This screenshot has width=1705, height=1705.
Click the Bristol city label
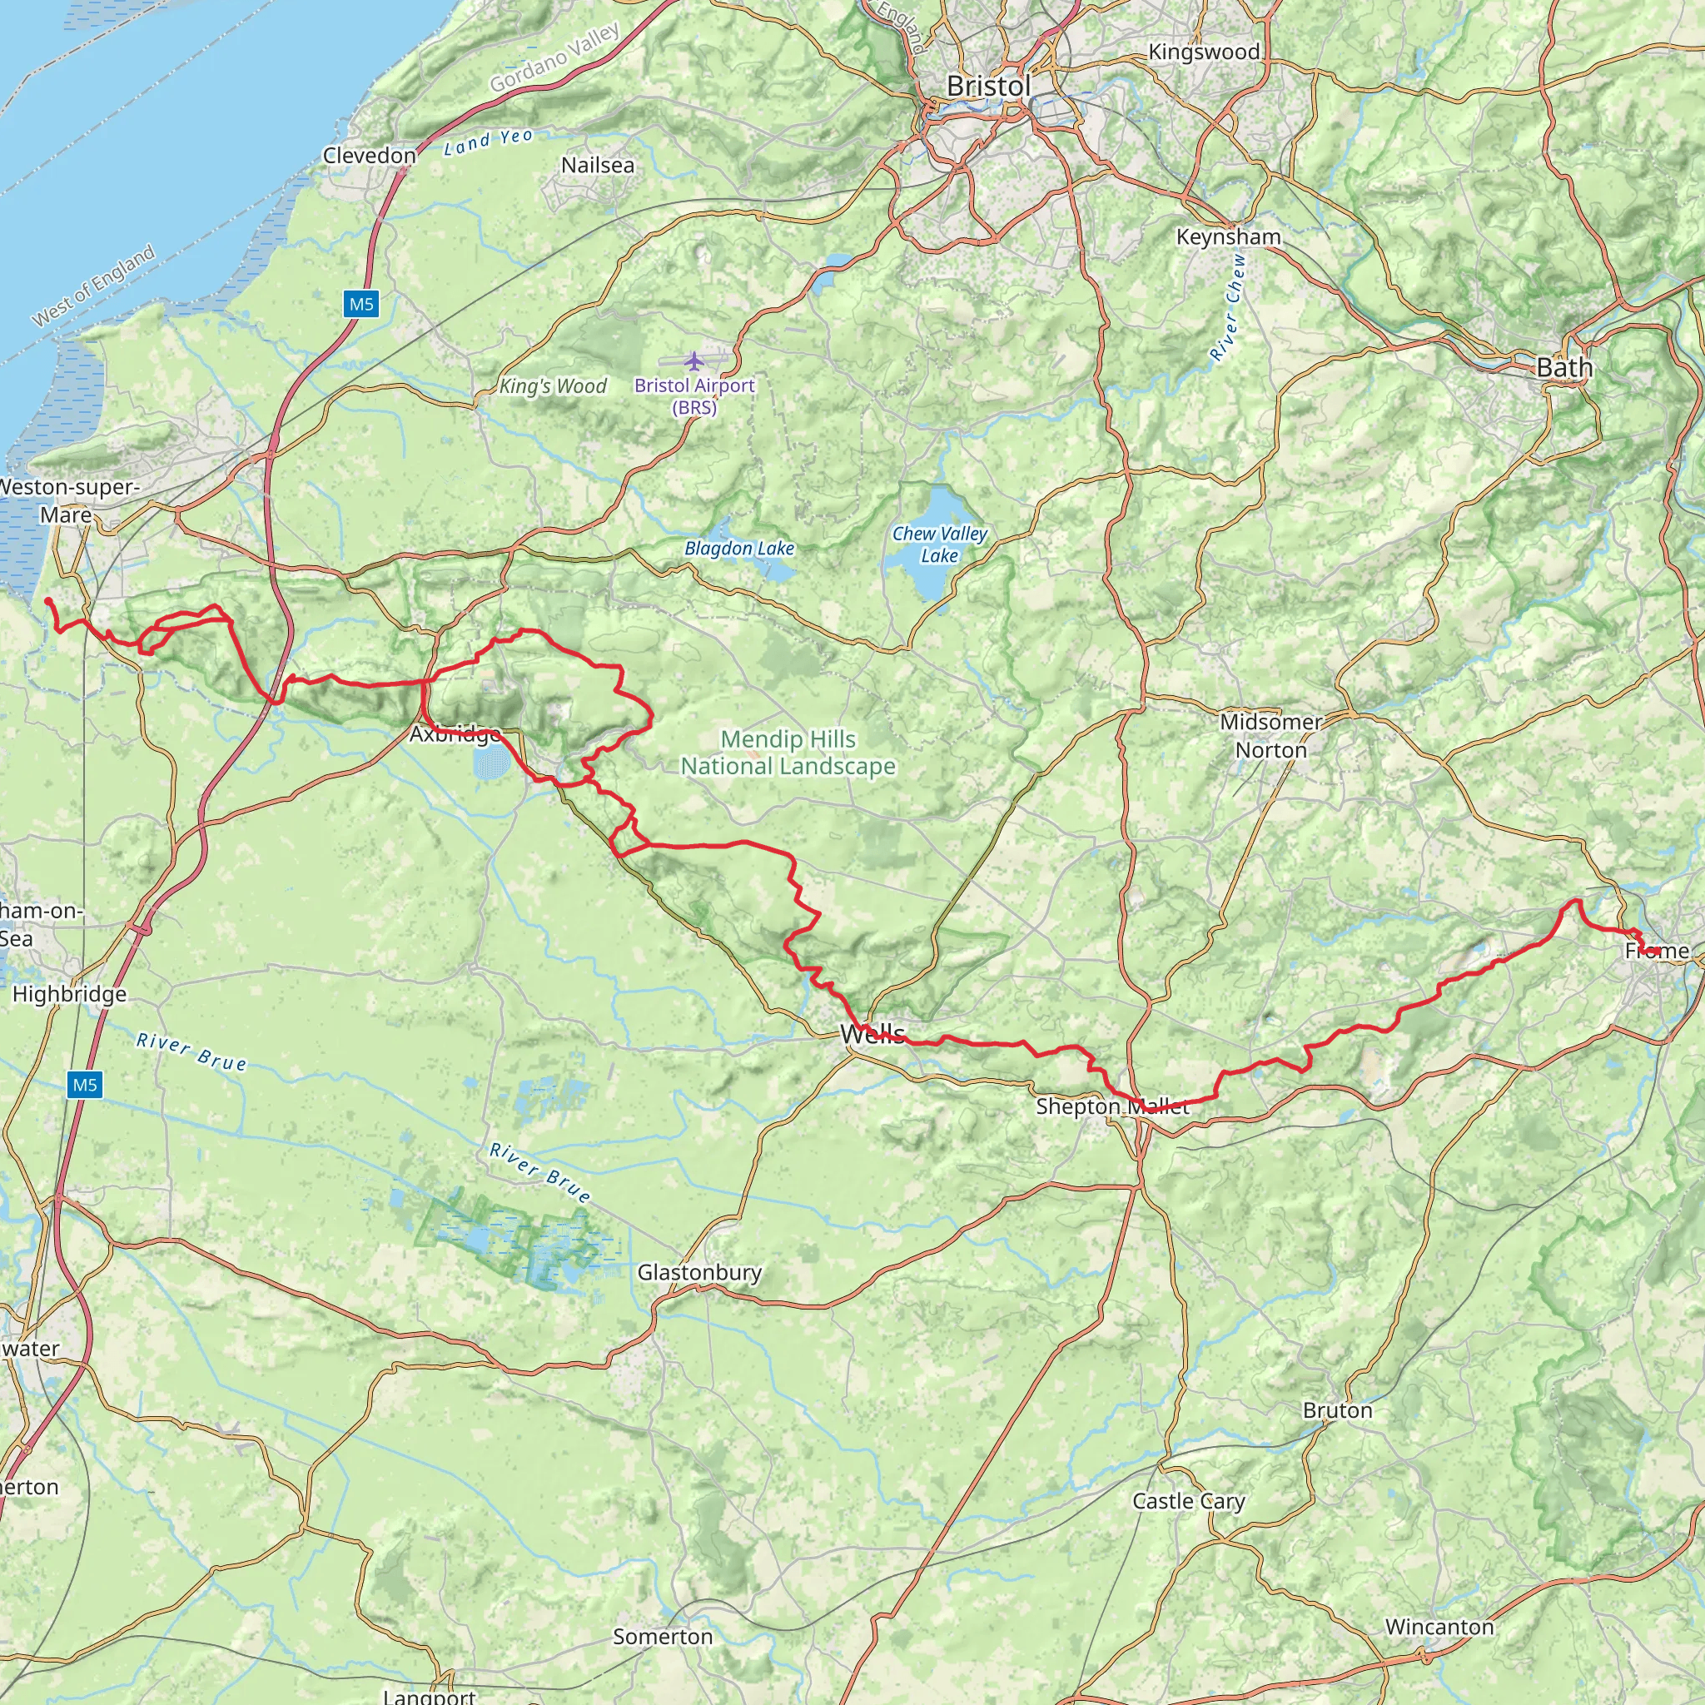point(987,87)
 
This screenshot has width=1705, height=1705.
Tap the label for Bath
point(1563,367)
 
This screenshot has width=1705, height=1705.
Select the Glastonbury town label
point(699,1272)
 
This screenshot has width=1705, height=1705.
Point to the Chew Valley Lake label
point(939,544)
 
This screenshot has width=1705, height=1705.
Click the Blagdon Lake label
point(739,548)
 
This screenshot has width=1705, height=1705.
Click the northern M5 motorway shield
point(361,305)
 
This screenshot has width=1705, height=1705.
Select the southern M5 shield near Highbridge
point(85,1085)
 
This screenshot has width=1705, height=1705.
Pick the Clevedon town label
point(369,156)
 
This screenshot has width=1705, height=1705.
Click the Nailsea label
point(598,165)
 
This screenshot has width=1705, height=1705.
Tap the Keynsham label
point(1229,236)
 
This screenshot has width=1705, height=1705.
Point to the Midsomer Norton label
point(1270,735)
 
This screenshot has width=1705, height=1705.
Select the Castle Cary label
point(1188,1501)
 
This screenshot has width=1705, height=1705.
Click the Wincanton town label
point(1439,1627)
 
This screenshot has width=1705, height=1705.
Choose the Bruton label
point(1337,1410)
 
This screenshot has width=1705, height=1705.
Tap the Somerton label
point(663,1636)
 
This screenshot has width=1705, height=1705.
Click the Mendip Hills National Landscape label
point(788,753)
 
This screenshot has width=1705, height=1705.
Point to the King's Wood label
point(553,385)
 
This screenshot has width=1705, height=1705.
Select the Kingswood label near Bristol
point(1204,52)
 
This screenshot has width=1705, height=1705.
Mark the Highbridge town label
point(69,994)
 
